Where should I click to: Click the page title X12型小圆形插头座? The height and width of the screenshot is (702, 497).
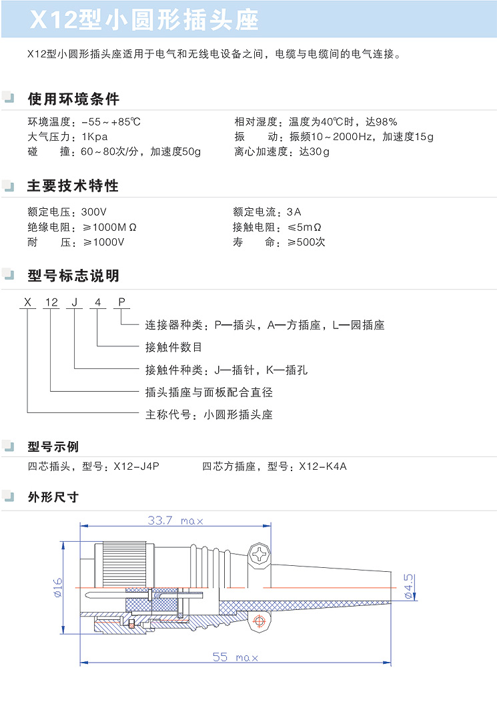(x=144, y=20)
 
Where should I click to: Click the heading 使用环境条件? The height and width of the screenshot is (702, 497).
(x=73, y=99)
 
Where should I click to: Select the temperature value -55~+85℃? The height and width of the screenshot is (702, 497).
(x=111, y=121)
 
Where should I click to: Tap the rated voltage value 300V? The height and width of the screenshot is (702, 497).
(x=94, y=212)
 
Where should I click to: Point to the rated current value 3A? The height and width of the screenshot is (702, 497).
(x=294, y=212)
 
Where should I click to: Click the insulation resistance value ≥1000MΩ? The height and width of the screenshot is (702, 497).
(x=109, y=227)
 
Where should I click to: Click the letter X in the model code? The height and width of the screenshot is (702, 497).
(x=28, y=302)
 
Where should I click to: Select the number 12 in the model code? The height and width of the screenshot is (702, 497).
(x=51, y=302)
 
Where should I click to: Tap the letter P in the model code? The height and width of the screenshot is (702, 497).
(x=122, y=302)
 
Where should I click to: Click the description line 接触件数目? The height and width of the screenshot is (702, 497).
(x=173, y=347)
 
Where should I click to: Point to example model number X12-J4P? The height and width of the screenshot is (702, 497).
(x=137, y=466)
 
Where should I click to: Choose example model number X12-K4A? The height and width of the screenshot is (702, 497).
(x=323, y=466)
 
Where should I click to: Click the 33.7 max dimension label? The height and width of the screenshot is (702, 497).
(x=175, y=520)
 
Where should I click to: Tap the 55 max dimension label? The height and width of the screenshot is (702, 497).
(x=235, y=657)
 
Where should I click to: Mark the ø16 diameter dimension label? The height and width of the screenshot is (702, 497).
(x=58, y=587)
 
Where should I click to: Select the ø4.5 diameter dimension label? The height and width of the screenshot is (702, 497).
(x=408, y=587)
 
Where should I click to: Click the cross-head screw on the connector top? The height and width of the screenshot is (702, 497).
(x=260, y=555)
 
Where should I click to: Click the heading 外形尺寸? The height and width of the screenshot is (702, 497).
(x=53, y=497)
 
